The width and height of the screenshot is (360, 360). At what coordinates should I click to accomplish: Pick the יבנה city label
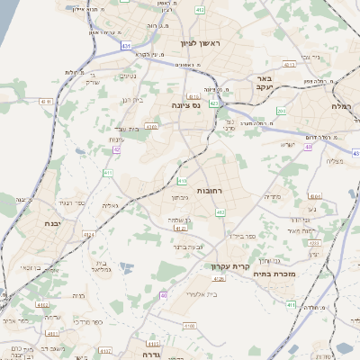click(51, 222)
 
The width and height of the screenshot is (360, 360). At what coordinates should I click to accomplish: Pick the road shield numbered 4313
click(289, 65)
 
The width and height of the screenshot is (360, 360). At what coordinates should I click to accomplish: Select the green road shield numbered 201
click(281, 110)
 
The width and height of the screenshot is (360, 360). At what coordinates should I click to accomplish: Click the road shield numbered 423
click(213, 103)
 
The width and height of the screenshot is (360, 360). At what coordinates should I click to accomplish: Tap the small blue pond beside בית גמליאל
click(124, 267)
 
